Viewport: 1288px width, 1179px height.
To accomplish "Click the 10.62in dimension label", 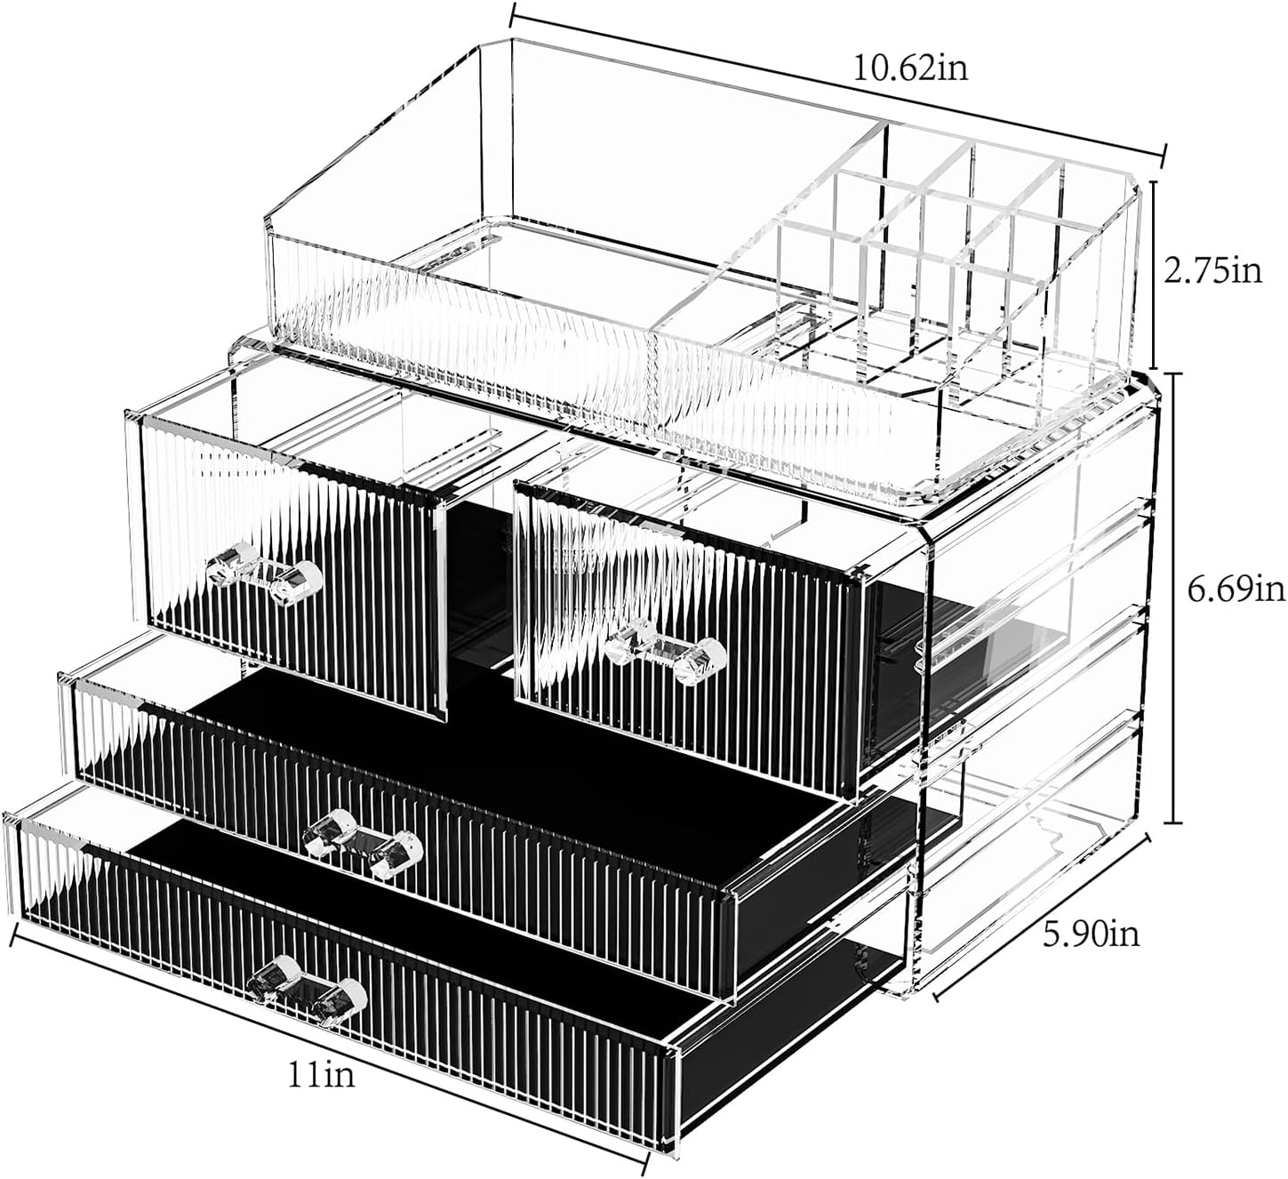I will coord(911,68).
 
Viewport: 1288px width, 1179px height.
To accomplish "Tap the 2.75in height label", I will coord(1212,269).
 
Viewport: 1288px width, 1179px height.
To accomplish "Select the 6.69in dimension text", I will coord(1236,588).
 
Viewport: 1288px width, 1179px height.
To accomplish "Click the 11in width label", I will coord(320,1075).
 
